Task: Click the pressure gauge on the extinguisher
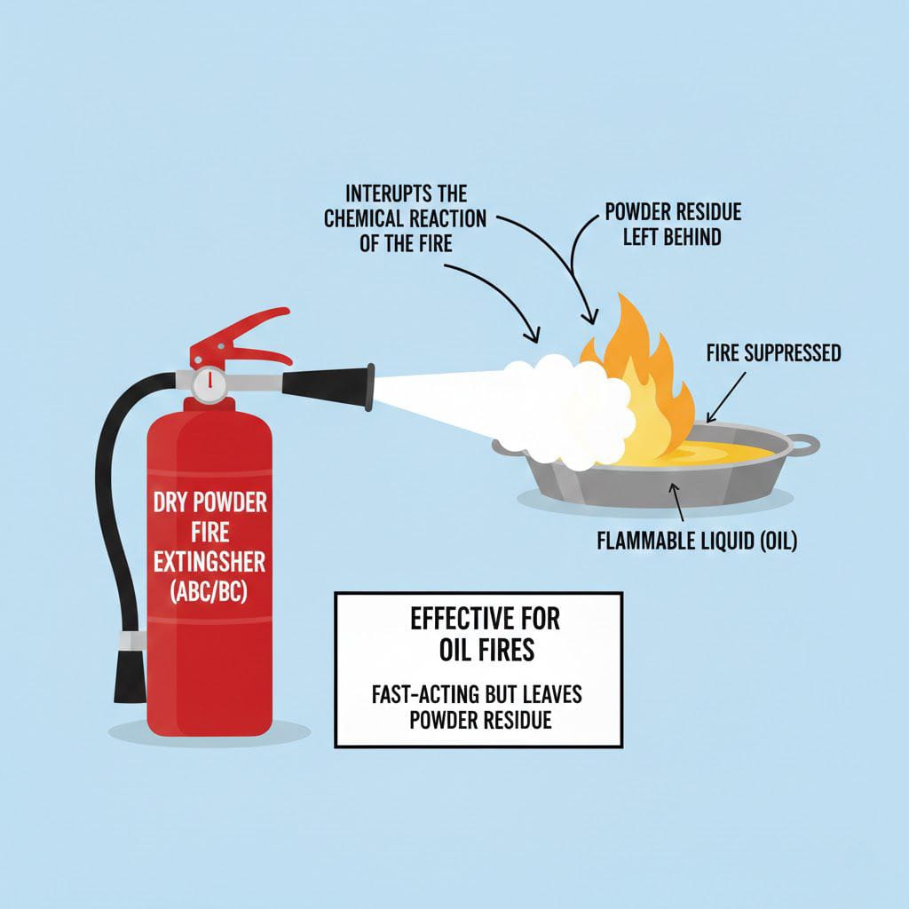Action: [209, 384]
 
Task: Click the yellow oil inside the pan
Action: [696, 454]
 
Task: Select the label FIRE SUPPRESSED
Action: [773, 353]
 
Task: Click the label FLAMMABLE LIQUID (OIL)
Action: [697, 541]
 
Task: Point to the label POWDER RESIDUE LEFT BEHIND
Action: [673, 225]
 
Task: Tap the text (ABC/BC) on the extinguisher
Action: [209, 591]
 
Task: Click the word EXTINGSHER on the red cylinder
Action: [209, 562]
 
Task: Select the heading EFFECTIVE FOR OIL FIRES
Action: [486, 634]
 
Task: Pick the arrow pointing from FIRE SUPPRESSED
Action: [726, 397]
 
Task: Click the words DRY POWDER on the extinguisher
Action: [209, 502]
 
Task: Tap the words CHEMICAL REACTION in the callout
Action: [405, 218]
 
